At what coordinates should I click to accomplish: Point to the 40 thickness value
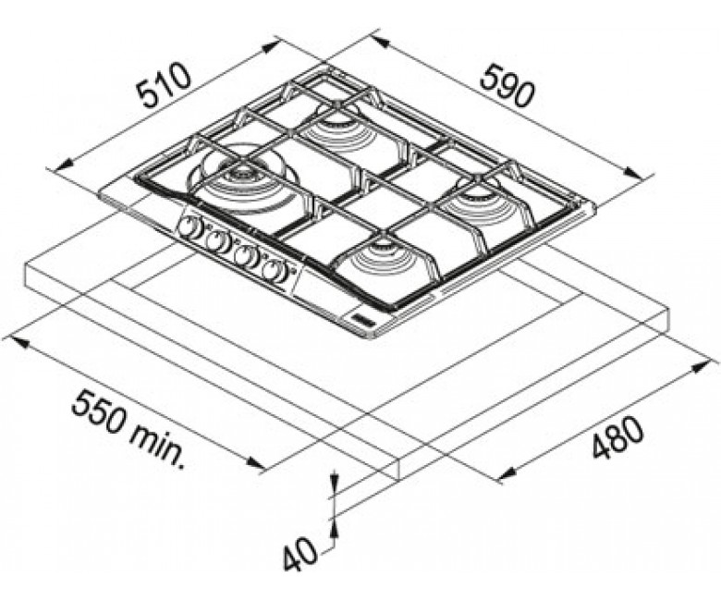point(299,558)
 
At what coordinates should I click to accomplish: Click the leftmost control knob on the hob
point(188,227)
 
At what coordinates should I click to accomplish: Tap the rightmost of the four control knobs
point(274,270)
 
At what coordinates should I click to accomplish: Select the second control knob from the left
point(216,241)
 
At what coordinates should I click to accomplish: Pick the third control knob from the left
point(245,256)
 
